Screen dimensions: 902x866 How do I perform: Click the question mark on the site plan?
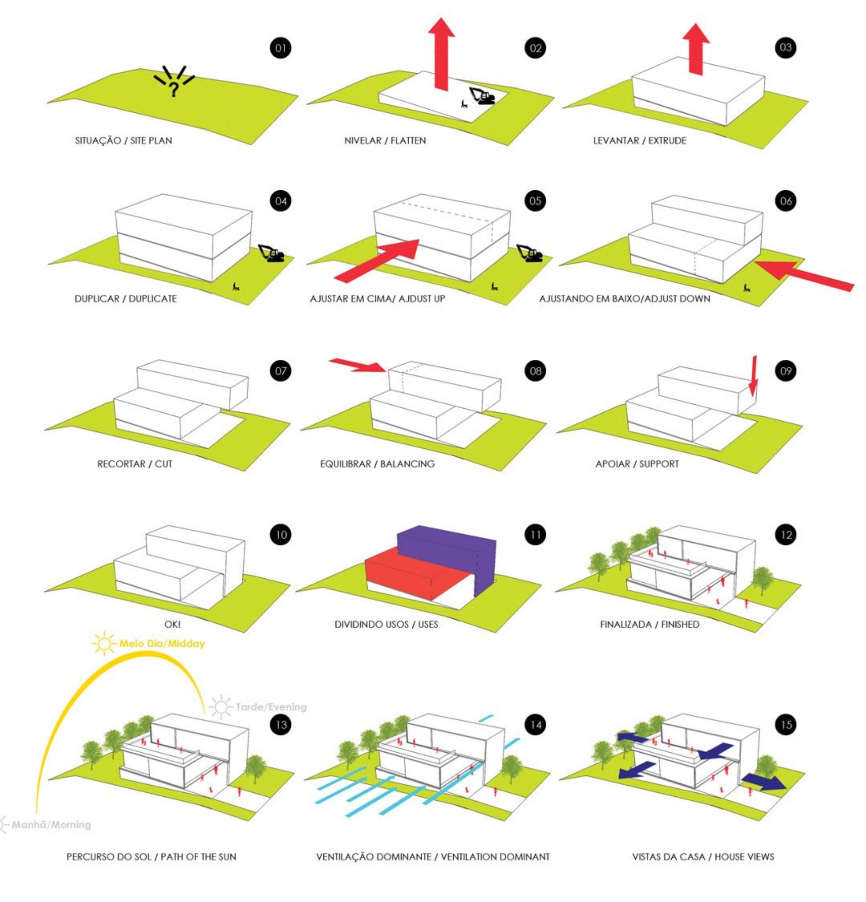(x=174, y=89)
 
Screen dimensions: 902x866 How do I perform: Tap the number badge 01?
(x=281, y=48)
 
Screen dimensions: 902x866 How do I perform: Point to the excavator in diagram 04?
(x=270, y=253)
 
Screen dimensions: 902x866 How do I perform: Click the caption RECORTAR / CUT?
(x=134, y=463)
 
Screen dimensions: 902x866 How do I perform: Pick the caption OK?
(x=173, y=625)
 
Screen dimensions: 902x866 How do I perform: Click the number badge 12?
(x=786, y=535)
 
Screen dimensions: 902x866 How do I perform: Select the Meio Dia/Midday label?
(x=162, y=643)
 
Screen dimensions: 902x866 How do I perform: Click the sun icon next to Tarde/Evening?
(x=221, y=706)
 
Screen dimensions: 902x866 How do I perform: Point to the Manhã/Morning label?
(x=51, y=824)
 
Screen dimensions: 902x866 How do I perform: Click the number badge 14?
(x=535, y=725)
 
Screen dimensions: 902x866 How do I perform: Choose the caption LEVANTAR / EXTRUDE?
(x=640, y=140)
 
